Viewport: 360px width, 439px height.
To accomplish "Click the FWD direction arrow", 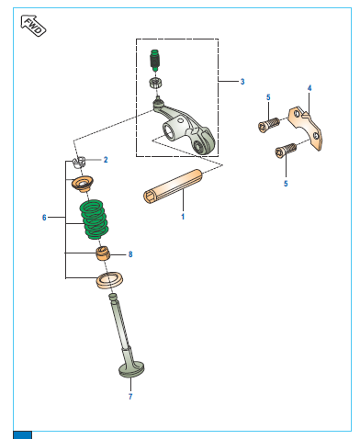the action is [x=33, y=26].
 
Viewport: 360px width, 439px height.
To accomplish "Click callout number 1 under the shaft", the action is [x=183, y=217].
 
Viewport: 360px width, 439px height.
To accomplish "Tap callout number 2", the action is [x=106, y=160].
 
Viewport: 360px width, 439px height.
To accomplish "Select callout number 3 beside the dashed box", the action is [x=242, y=82].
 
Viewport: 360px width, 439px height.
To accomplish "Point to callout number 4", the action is [x=309, y=88].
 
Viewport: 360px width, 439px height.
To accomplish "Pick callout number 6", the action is [x=44, y=218].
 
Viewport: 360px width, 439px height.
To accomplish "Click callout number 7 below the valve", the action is [x=130, y=397].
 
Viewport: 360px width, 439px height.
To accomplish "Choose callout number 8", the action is [x=130, y=254].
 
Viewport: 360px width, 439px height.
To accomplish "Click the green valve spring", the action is [x=94, y=219].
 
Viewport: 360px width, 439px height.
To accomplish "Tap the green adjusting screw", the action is [x=155, y=60].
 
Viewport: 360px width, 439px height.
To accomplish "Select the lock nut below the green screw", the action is [x=156, y=83].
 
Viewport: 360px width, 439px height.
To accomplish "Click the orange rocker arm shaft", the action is [x=173, y=186].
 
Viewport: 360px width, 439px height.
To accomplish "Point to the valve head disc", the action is [x=131, y=369].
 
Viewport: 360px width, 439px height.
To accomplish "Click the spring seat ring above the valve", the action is [x=109, y=280].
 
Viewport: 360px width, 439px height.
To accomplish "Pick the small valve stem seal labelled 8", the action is [x=103, y=253].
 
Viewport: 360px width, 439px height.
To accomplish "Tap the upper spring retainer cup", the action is [x=83, y=184].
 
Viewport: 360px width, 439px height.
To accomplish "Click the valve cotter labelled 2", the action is [x=79, y=162].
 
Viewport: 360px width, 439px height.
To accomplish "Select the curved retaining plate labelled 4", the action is [x=306, y=128].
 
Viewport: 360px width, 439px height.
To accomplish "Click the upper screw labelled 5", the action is [x=269, y=126].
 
